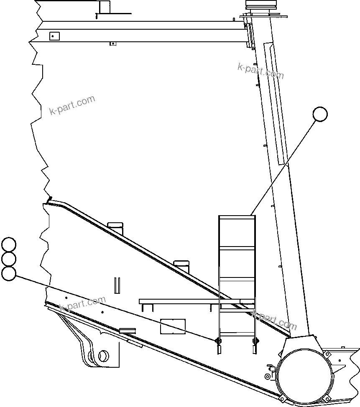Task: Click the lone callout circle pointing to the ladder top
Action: click(320, 114)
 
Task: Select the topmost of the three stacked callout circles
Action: click(8, 244)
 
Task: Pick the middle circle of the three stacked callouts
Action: click(8, 259)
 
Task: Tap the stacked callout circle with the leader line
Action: click(8, 274)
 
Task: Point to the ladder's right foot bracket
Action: click(254, 345)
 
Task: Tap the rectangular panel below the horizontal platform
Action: click(173, 326)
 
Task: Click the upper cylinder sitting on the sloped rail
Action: click(115, 228)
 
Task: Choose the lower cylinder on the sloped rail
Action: click(181, 267)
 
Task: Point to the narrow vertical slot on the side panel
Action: click(117, 286)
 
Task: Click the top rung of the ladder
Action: click(237, 216)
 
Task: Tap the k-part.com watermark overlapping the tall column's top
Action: click(260, 71)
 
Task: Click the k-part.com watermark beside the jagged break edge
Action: click(72, 105)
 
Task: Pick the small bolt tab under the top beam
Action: click(112, 43)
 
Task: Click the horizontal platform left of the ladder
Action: click(180, 301)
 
